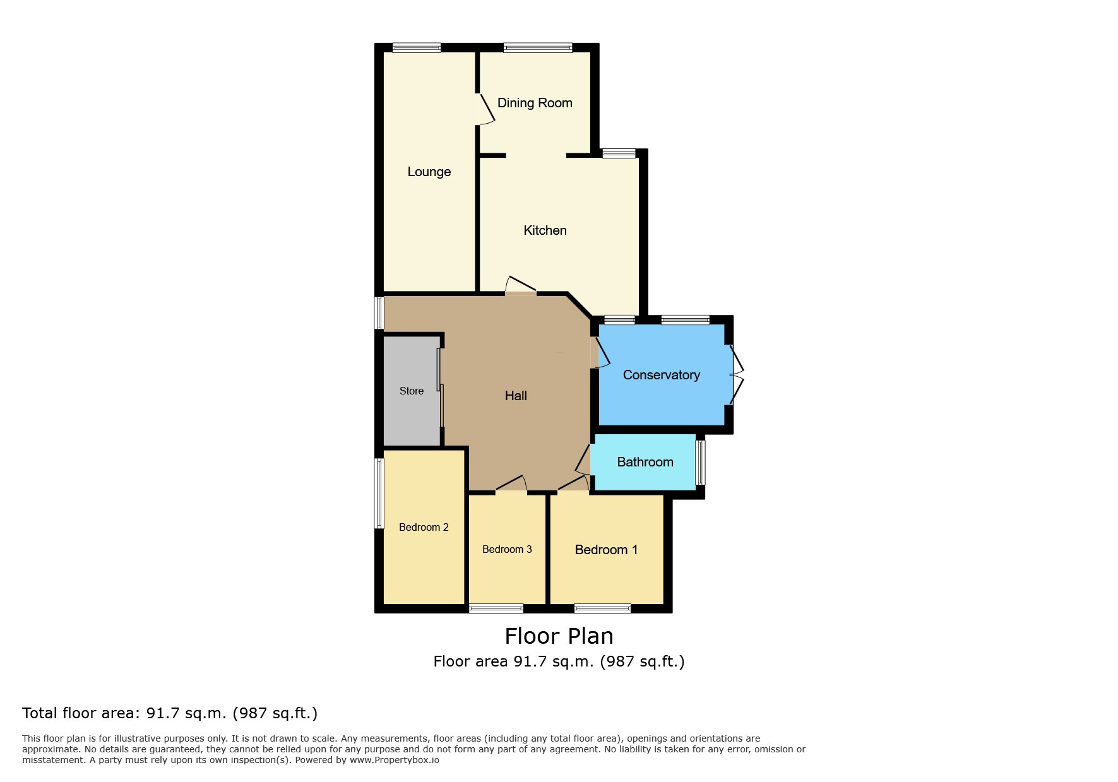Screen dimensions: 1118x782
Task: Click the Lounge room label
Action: click(429, 172)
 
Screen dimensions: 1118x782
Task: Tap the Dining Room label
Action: click(535, 103)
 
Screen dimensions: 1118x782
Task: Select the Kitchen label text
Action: click(545, 230)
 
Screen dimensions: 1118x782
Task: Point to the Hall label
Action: click(516, 396)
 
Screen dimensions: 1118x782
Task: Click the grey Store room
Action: click(412, 391)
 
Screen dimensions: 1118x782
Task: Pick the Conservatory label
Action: click(661, 375)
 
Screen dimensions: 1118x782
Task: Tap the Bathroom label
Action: click(645, 462)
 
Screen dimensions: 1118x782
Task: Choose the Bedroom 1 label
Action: click(606, 550)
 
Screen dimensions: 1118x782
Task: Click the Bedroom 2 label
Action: click(424, 527)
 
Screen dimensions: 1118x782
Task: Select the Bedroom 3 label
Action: click(507, 549)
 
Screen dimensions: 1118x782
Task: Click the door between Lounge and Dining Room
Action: click(484, 109)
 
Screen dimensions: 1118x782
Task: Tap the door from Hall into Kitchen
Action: click(520, 285)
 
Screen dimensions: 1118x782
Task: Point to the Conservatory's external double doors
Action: click(736, 374)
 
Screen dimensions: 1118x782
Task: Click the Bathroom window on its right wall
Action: click(700, 463)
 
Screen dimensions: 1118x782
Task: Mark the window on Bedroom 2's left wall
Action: click(379, 493)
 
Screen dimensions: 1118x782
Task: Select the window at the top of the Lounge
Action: click(416, 47)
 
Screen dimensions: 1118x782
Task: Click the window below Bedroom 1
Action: click(602, 608)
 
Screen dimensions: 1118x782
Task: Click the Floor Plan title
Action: click(559, 636)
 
